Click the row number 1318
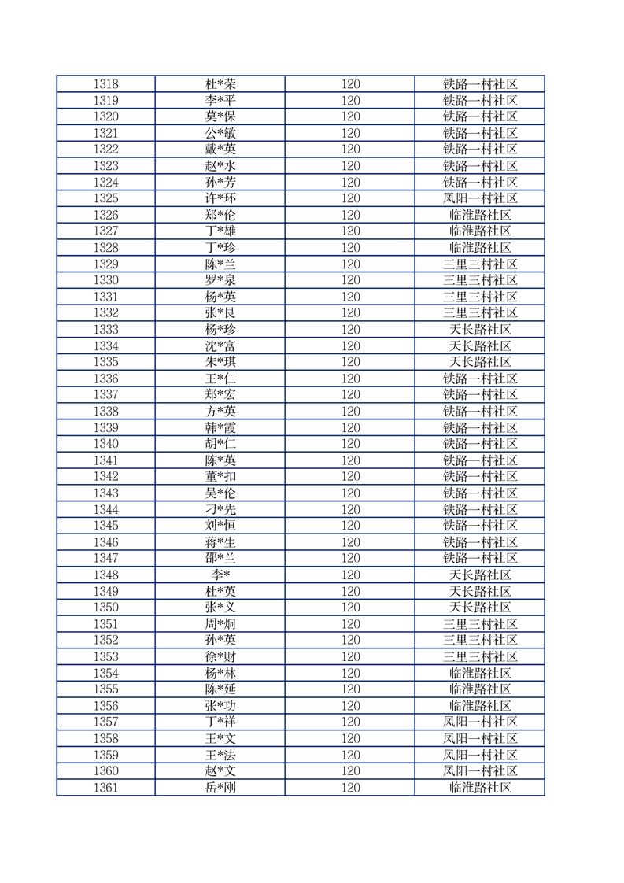click(105, 84)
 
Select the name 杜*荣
click(220, 84)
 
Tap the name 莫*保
click(220, 116)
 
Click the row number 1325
click(105, 198)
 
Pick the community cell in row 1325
click(480, 198)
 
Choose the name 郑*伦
click(220, 215)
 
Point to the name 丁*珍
click(220, 247)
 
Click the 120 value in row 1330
click(350, 280)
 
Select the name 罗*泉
click(220, 280)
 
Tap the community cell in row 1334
click(480, 345)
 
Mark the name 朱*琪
click(220, 362)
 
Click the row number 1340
click(105, 444)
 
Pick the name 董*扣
click(220, 476)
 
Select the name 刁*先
click(220, 509)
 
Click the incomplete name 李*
click(220, 575)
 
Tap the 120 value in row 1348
click(350, 575)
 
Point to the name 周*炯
click(220, 624)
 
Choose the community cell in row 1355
click(480, 689)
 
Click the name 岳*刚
click(220, 787)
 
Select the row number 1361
click(105, 787)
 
